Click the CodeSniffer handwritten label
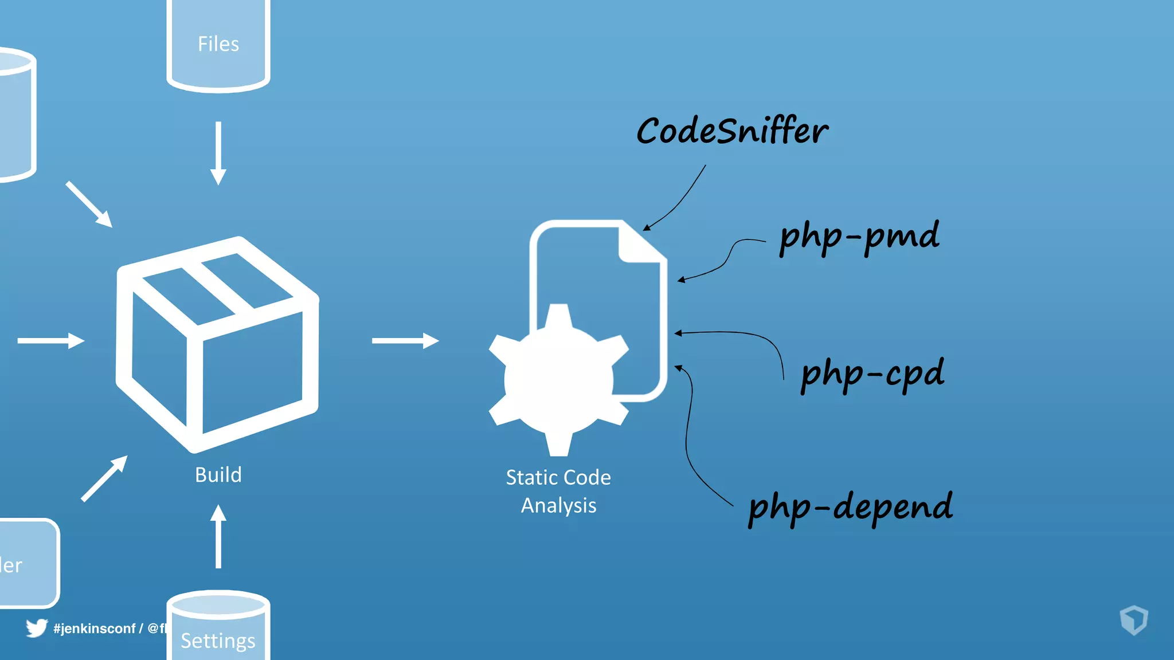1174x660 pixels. (x=732, y=131)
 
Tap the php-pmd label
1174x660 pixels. (x=859, y=236)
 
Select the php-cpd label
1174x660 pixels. (x=872, y=374)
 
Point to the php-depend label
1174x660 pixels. (x=851, y=507)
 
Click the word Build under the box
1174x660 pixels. (x=218, y=475)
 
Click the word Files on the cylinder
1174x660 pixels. (x=218, y=44)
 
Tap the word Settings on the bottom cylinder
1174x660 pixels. (x=218, y=641)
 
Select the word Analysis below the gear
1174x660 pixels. (x=558, y=505)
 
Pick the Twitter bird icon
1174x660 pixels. (x=36, y=628)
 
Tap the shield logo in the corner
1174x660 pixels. (x=1133, y=620)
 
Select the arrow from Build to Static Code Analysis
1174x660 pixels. (x=405, y=341)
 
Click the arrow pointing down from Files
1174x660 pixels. (x=218, y=153)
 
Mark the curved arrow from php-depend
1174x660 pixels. (x=691, y=441)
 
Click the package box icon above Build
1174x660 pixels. (x=218, y=344)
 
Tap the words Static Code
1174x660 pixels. (x=558, y=477)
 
